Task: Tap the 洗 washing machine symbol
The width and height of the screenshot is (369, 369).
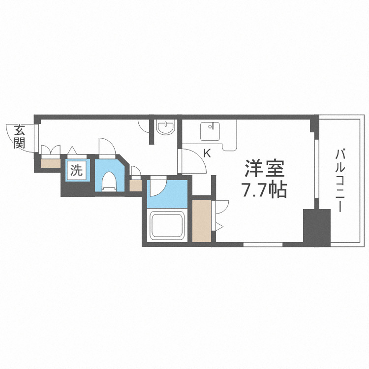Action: point(76,171)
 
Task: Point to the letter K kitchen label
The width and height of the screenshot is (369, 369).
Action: point(207,153)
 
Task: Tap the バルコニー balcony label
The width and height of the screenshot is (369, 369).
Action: point(339,180)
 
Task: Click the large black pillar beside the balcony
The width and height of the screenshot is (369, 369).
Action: point(316,227)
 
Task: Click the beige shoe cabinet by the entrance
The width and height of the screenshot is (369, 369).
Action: point(49,163)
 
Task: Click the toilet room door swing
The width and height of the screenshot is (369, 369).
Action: point(106,147)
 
